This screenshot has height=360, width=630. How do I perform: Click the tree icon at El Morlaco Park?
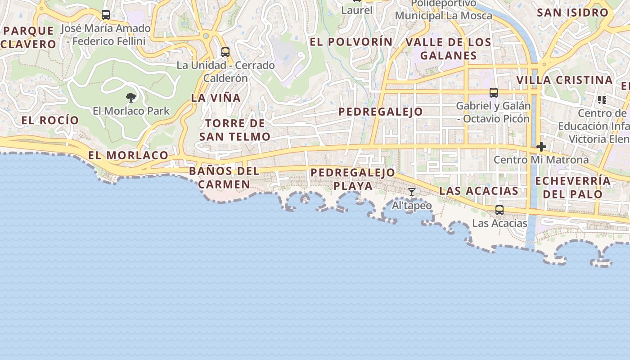[x=131, y=97]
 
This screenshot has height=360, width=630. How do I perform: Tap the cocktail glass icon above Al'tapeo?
[x=412, y=192]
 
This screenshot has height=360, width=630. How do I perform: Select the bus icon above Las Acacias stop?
[x=499, y=210]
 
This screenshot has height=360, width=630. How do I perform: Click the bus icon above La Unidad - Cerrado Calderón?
[x=225, y=52]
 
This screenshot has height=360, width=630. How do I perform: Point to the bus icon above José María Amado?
[x=106, y=15]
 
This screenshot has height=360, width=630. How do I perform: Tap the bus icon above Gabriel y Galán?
[x=494, y=93]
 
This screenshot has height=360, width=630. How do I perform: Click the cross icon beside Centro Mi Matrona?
[x=541, y=147]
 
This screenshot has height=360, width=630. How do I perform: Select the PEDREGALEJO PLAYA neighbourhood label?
[x=353, y=179]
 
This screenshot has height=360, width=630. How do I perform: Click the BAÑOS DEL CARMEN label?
[x=224, y=177]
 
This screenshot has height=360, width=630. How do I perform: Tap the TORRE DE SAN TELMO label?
[x=235, y=130]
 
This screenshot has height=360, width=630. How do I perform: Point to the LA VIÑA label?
[x=216, y=98]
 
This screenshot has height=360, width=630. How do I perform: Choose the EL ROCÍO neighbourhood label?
[x=50, y=120]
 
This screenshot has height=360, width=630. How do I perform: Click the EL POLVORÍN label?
[x=351, y=42]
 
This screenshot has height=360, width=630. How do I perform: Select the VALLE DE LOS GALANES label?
[x=448, y=49]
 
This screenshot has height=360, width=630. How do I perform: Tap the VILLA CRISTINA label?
[x=564, y=80]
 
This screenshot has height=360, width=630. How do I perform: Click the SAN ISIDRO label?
[x=572, y=13]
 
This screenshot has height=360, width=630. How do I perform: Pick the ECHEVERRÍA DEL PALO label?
[x=573, y=187]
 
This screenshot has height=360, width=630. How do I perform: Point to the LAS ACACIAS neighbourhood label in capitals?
[x=479, y=190]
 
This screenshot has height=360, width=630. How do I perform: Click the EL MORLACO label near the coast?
[x=128, y=155]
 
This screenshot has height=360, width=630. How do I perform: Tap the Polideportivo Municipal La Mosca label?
[x=444, y=9]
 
